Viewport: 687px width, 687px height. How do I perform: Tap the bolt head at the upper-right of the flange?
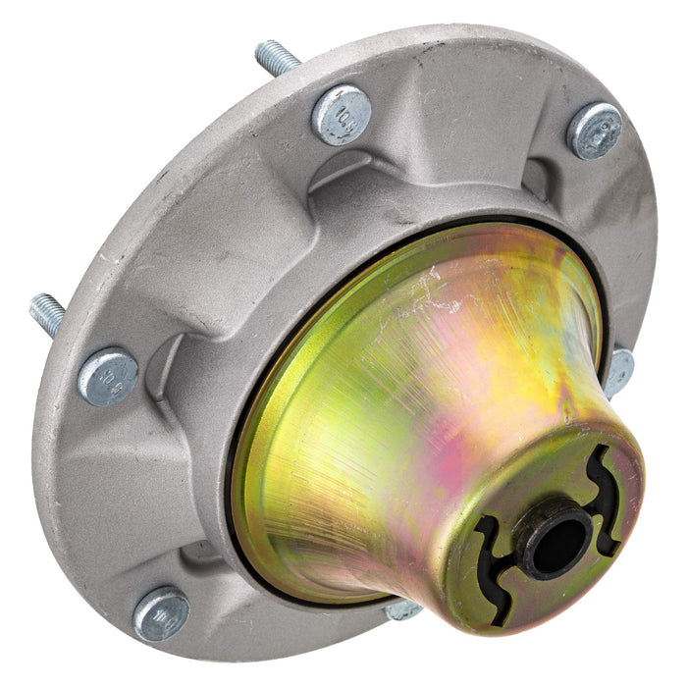click(x=595, y=130)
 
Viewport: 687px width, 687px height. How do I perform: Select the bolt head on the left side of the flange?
click(x=108, y=377)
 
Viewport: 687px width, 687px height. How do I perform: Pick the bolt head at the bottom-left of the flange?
click(x=162, y=614)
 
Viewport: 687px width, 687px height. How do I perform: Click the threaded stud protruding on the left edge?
click(x=47, y=313)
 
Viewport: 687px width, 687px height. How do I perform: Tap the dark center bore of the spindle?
click(x=556, y=538)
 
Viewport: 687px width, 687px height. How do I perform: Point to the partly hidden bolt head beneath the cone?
click(x=403, y=610)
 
